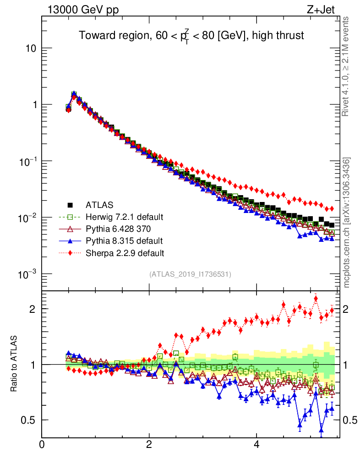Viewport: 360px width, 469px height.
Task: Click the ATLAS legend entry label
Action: click(99, 205)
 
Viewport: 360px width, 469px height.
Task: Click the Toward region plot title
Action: click(191, 35)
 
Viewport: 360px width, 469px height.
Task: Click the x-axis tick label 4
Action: click(256, 445)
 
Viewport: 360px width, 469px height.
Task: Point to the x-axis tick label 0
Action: click(42, 445)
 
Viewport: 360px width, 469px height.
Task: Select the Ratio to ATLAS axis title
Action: click(14, 364)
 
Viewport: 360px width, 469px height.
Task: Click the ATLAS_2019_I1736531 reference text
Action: click(190, 274)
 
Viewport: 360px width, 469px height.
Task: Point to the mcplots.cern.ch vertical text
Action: click(347, 223)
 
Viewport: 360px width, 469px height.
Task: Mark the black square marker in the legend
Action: click(70, 205)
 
